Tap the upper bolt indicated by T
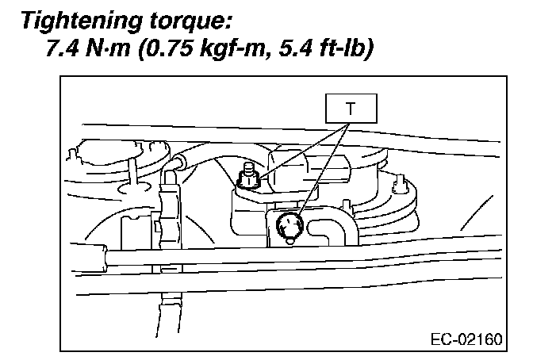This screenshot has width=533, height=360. (249, 179)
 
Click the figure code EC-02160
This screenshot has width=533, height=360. (467, 341)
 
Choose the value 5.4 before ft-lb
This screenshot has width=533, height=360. (301, 48)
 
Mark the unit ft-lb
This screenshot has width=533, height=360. (347, 48)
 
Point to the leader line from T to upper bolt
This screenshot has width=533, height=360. (302, 150)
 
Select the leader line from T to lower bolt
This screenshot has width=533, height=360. (322, 170)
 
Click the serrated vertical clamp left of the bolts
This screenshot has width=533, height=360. (169, 206)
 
